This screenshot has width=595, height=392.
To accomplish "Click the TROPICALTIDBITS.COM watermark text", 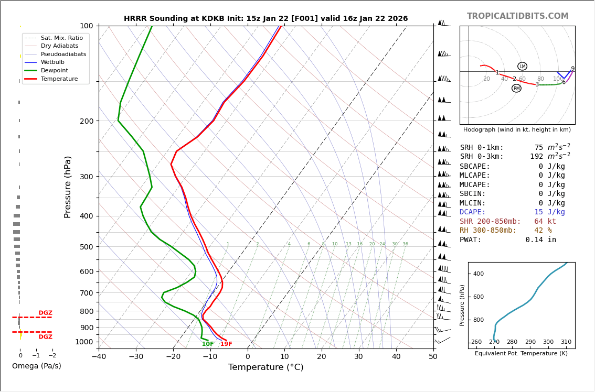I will pos(517,16).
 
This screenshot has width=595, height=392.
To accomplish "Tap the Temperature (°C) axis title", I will pos(265,367).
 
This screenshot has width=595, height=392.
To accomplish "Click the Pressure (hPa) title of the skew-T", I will pos(68,187).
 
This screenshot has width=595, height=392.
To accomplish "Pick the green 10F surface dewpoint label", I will pos(208,344).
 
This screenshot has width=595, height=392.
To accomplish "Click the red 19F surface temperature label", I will pos(226,344).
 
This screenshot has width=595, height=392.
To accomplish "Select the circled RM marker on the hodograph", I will pos(516,89).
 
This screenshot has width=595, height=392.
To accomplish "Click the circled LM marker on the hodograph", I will pos(522,67).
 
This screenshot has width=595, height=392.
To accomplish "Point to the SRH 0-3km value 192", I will pos(536,157).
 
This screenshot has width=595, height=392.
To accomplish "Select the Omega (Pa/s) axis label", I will pos(37,366).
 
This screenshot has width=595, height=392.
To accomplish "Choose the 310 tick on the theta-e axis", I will pos(566,342).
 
